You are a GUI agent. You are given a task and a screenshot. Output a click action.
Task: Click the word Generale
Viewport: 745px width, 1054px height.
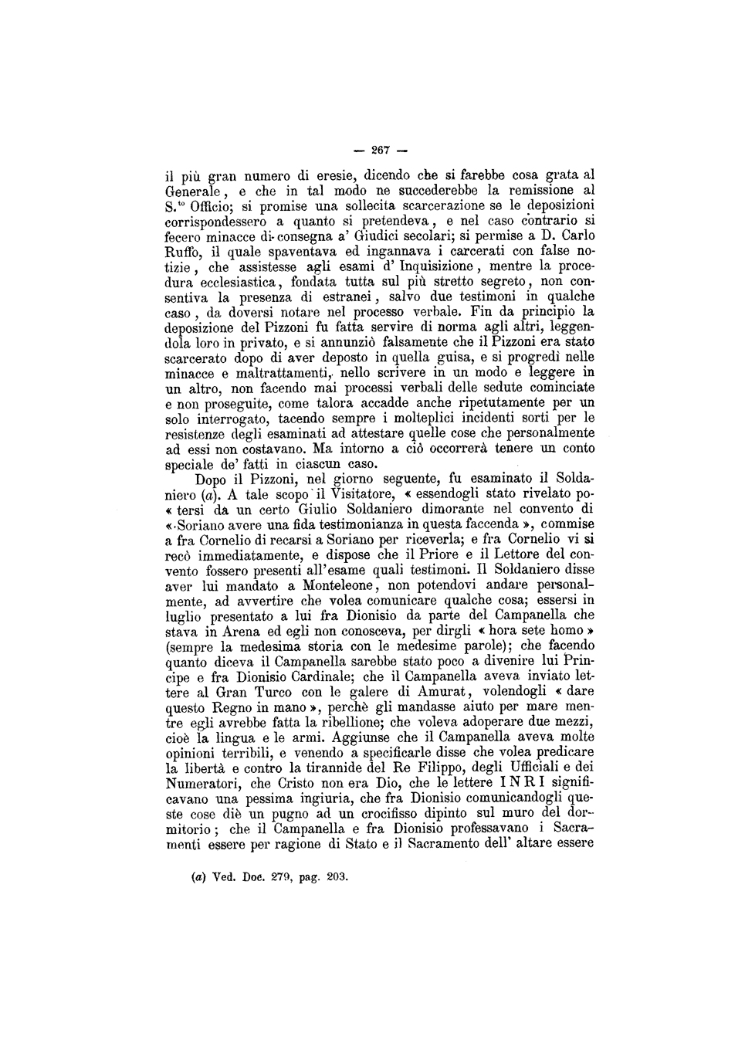tap(194, 191)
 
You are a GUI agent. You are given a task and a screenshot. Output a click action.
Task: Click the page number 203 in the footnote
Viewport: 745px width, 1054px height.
tap(335, 877)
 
